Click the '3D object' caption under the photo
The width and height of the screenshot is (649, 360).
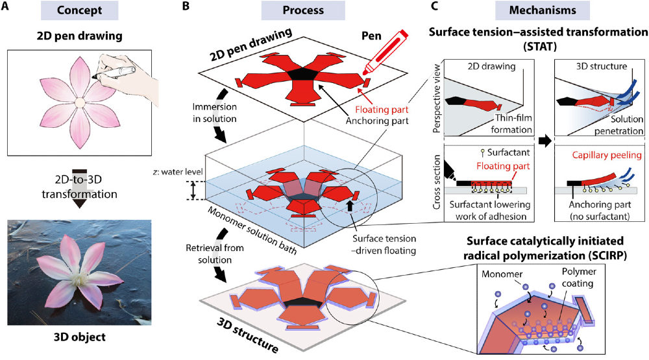[x=82, y=337]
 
